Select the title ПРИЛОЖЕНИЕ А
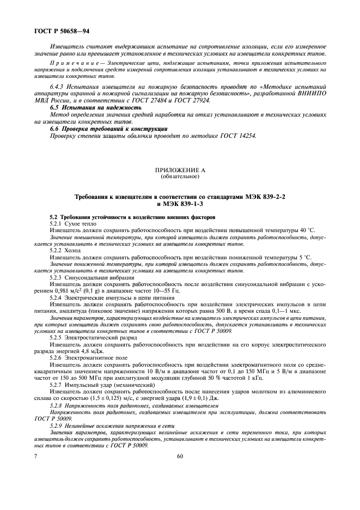[180, 171]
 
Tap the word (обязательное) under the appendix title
[180, 177]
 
